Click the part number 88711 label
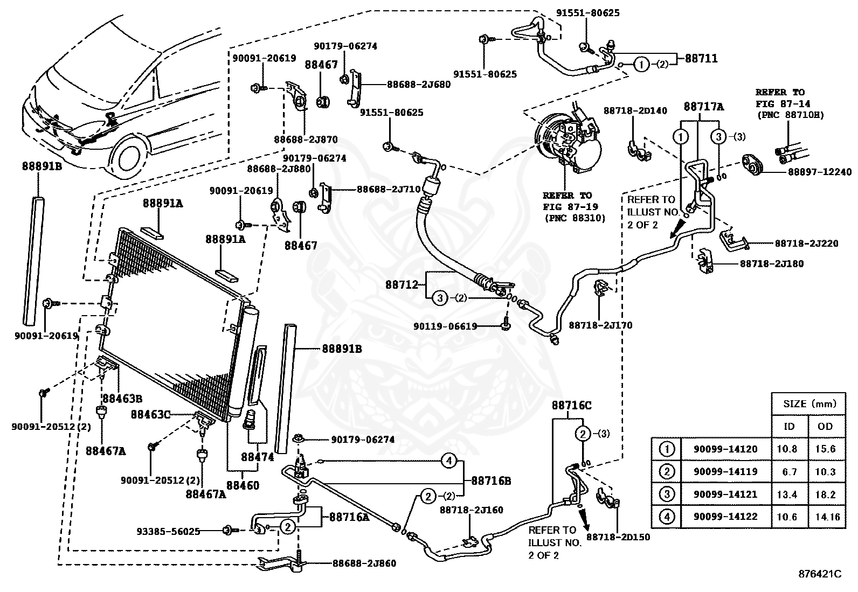click(701, 59)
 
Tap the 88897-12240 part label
click(820, 172)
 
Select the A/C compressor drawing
click(568, 142)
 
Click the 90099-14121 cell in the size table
click(725, 495)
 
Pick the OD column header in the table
click(825, 426)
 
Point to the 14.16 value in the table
click(827, 517)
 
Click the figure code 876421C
click(820, 574)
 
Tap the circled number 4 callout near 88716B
click(449, 461)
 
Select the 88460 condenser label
click(243, 485)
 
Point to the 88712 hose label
click(402, 284)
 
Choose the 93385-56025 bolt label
click(169, 532)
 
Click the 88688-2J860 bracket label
click(364, 563)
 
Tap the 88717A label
click(704, 107)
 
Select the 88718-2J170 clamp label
click(600, 325)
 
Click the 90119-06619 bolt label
click(445, 326)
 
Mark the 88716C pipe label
click(571, 405)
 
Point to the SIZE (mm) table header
click(809, 403)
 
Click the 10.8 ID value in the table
click(787, 449)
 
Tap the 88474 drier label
click(258, 457)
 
